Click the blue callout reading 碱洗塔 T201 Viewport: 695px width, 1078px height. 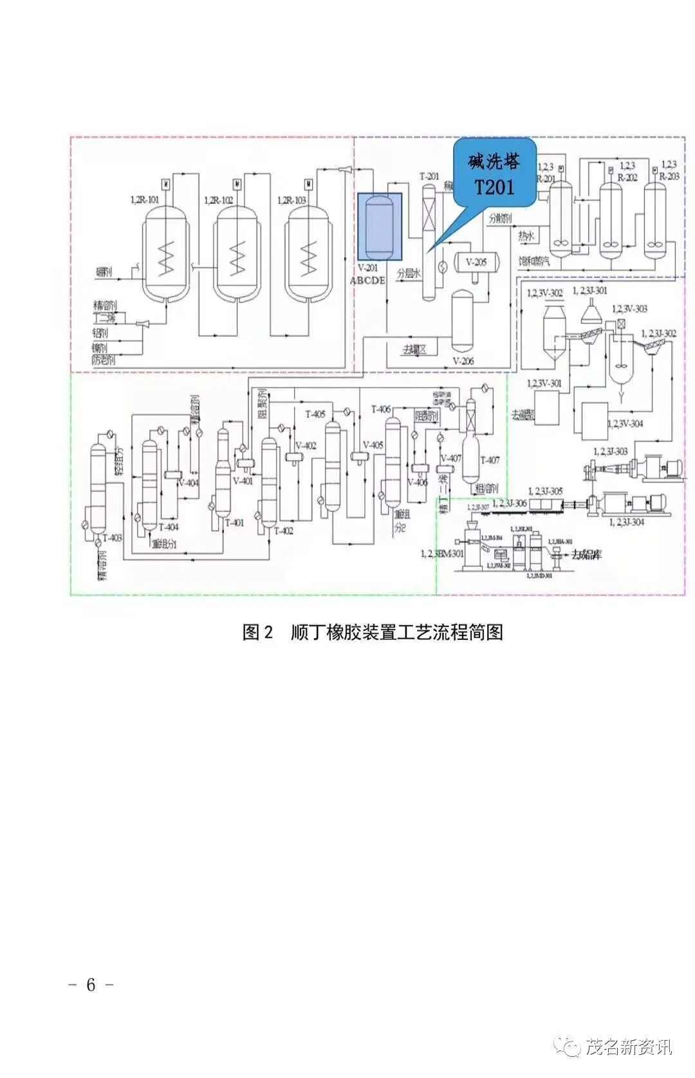tap(494, 173)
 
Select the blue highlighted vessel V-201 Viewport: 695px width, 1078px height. tap(380, 227)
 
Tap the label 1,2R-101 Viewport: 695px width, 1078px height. tap(145, 200)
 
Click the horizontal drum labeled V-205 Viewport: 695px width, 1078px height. tap(476, 262)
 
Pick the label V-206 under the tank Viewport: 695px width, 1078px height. tap(463, 361)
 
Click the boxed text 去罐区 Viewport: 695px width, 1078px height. tap(414, 349)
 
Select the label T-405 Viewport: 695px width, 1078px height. tap(315, 414)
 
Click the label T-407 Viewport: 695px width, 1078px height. tap(490, 460)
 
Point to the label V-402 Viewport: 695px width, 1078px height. tap(306, 445)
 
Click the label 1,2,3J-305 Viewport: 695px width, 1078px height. tap(545, 491)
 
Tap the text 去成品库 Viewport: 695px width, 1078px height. tap(586, 554)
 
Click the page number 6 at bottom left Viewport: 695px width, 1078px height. tap(91, 984)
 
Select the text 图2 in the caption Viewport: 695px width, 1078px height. tap(258, 632)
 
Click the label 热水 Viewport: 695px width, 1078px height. tap(526, 236)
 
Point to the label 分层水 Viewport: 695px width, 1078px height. tap(409, 273)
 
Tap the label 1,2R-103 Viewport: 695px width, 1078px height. tap(292, 200)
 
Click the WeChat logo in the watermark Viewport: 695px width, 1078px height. tap(569, 1046)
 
